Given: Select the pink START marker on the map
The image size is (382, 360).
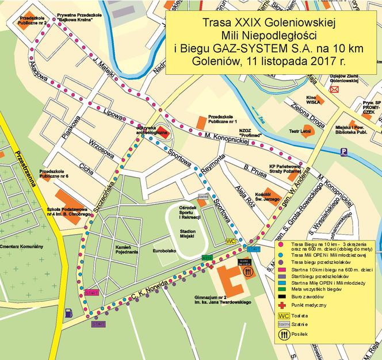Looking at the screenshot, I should [x=91, y=293].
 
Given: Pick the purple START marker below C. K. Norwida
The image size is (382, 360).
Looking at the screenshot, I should [x=98, y=324].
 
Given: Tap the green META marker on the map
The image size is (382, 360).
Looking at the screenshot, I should [x=207, y=258].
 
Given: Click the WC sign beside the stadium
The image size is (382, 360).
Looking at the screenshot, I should [x=232, y=242].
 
